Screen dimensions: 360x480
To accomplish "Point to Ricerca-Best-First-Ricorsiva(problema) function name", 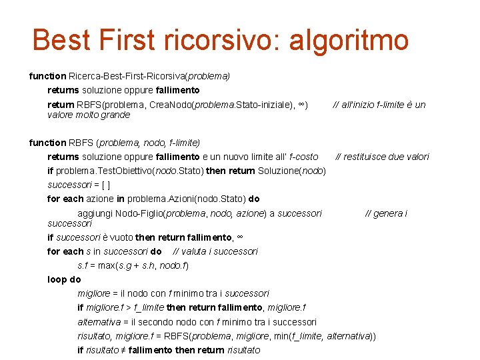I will (x=149, y=76).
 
